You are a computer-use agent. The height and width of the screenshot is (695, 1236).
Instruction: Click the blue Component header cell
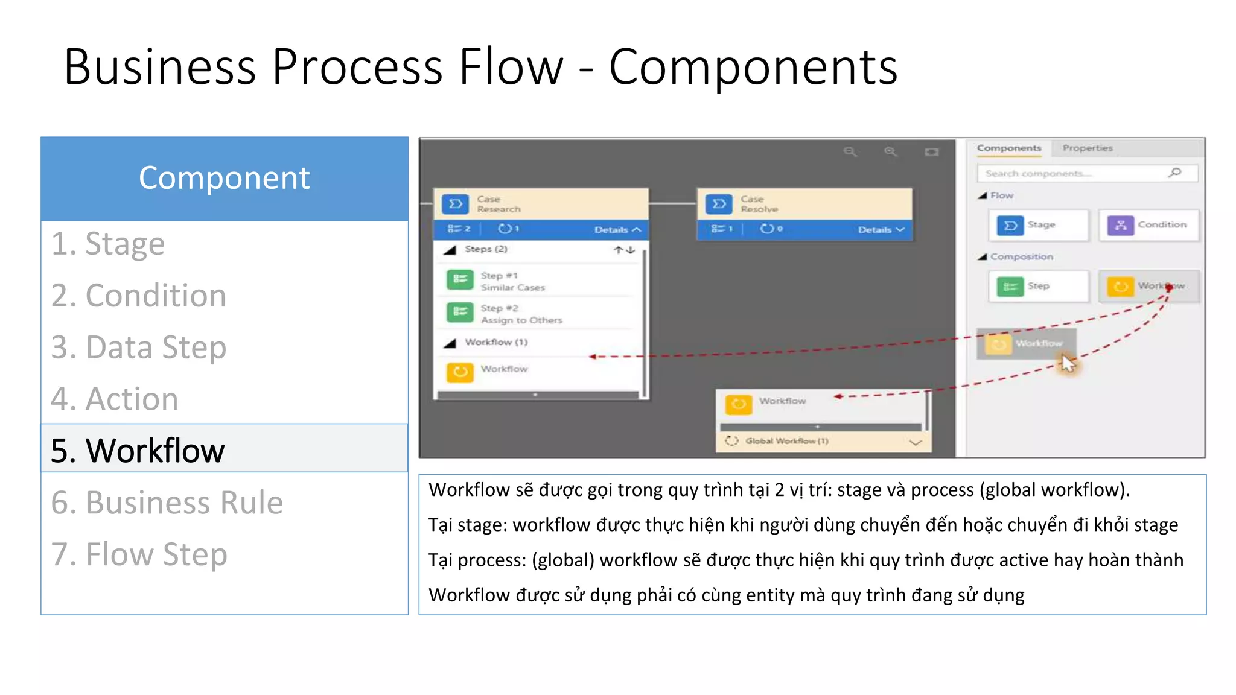tap(224, 179)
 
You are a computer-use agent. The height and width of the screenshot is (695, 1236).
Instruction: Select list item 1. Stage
tap(108, 244)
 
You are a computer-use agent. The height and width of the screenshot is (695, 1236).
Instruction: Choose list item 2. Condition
tap(138, 296)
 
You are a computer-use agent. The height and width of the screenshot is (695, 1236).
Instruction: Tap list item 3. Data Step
tap(138, 347)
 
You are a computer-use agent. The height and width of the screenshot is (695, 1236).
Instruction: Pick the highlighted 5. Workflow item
tap(138, 450)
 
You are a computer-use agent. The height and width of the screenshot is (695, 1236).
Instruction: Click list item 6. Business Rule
tap(167, 503)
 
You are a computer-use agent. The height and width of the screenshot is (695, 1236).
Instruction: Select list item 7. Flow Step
tap(139, 554)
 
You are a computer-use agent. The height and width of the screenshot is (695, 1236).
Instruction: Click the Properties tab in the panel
tap(1088, 148)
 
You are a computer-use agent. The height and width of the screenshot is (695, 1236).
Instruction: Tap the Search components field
tap(1074, 173)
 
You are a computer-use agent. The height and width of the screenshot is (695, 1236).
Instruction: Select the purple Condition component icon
tap(1120, 225)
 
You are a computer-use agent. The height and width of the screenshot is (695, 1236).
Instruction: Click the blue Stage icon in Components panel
tap(1010, 225)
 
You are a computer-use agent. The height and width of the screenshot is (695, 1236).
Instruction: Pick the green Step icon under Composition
tap(1010, 287)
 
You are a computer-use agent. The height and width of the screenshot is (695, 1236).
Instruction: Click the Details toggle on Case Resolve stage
tap(881, 230)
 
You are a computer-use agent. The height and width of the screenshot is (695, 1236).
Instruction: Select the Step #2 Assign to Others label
tap(521, 314)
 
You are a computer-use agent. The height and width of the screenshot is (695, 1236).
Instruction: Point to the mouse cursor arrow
tap(1067, 363)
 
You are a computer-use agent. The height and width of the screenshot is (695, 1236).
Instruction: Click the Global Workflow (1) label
tap(786, 441)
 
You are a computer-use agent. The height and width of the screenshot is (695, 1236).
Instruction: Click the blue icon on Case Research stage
tap(456, 204)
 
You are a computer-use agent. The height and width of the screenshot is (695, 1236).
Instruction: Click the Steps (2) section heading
tap(485, 249)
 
